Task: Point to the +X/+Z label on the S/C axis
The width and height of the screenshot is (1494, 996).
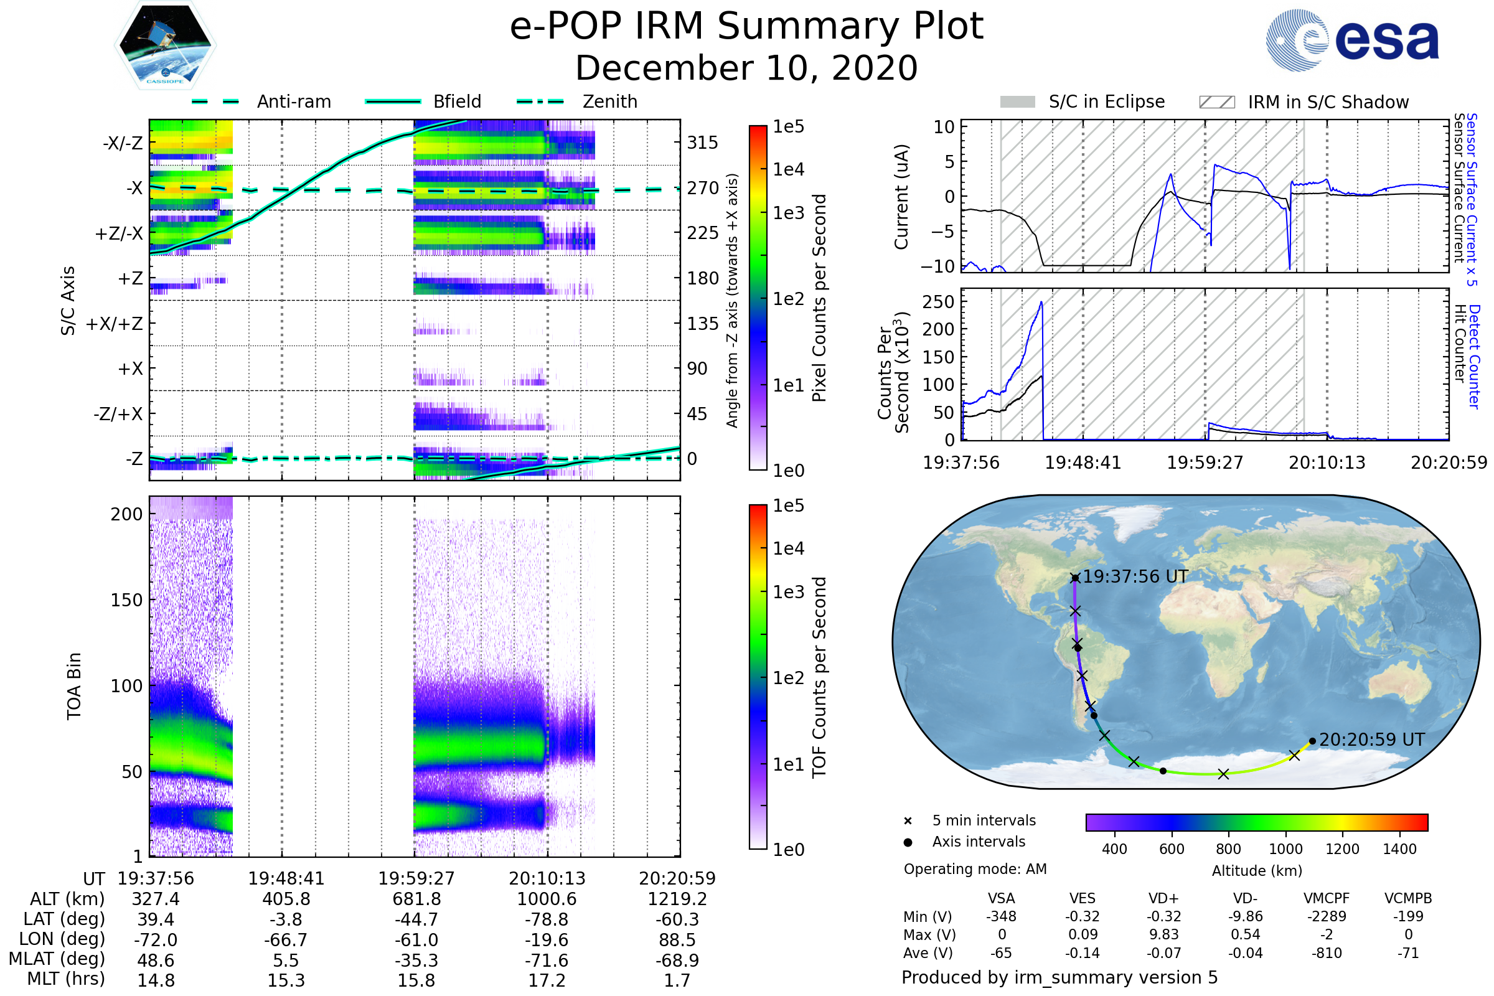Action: coord(115,324)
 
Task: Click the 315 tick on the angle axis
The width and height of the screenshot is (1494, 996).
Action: coord(703,143)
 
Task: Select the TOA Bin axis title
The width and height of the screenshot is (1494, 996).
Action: coord(73,686)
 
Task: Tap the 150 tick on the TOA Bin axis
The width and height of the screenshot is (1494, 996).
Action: coord(126,600)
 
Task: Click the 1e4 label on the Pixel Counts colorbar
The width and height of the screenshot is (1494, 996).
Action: coord(788,169)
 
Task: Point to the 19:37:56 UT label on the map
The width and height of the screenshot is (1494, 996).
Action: coord(1135,577)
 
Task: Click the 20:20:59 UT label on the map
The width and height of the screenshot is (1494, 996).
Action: coord(1372,740)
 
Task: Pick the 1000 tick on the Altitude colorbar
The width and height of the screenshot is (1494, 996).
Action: coord(1285,849)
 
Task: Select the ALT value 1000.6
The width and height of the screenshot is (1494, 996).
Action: coord(547,900)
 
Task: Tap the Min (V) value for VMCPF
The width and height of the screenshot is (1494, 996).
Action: coord(1327,916)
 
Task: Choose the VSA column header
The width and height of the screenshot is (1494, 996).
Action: coord(1001,899)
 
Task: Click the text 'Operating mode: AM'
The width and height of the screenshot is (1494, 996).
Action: coord(975,869)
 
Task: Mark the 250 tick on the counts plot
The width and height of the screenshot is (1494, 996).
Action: coord(938,303)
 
